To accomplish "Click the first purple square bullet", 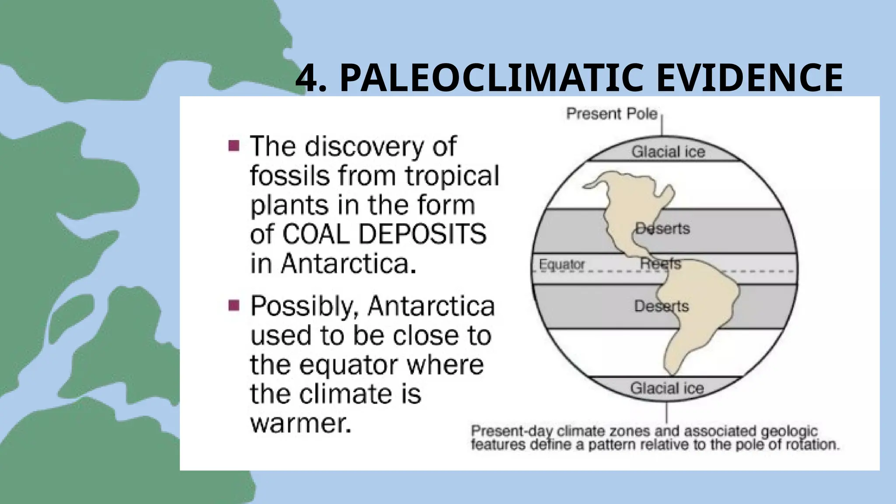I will (234, 146).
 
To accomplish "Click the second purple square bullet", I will (234, 305).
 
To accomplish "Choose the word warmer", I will (301, 423).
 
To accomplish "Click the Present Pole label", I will (612, 114).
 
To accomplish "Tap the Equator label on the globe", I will (562, 264).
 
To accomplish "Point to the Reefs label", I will (661, 263).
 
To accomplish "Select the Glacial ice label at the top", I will (668, 152).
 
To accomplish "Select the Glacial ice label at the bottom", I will (667, 388).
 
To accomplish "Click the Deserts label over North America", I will (662, 228).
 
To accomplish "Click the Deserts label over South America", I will (661, 306).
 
